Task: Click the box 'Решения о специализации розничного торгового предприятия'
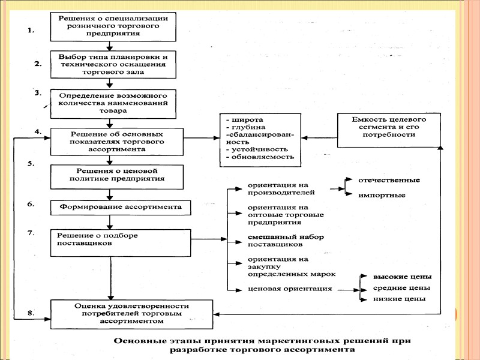click(x=112, y=26)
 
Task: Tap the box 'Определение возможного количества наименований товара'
click(x=112, y=103)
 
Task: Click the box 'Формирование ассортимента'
click(x=121, y=208)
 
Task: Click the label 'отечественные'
click(x=389, y=180)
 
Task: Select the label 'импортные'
click(x=382, y=195)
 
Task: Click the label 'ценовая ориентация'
click(x=281, y=289)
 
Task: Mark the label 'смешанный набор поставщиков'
click(x=277, y=241)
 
